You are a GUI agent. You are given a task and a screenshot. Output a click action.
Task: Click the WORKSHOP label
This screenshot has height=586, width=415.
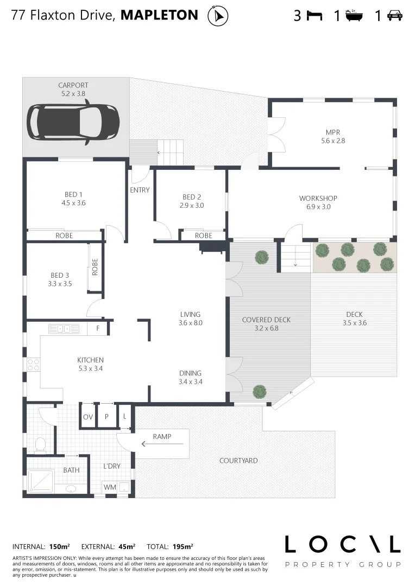tap(318, 198)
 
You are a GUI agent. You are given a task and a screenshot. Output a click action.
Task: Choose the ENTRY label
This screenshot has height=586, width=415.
tap(140, 190)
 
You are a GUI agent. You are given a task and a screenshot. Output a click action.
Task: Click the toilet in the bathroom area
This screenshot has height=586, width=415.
tap(40, 445)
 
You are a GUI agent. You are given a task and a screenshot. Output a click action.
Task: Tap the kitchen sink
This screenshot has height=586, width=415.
tap(64, 328)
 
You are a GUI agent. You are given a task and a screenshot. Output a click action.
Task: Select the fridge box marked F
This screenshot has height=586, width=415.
tap(98, 328)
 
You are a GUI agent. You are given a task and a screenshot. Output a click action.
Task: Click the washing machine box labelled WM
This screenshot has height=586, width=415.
tap(110, 487)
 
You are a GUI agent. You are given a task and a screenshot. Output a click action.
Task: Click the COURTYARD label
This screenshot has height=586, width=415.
tap(238, 461)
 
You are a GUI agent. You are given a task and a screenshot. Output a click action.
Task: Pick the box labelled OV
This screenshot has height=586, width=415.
tap(88, 417)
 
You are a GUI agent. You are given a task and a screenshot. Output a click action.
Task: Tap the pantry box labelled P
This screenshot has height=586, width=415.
tap(106, 417)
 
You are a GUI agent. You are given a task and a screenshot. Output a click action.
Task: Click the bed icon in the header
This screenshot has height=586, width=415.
tap(314, 16)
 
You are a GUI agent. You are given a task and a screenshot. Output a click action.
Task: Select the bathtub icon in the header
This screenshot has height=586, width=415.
tap(355, 15)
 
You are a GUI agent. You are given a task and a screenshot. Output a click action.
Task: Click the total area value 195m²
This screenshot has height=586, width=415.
tap(183, 546)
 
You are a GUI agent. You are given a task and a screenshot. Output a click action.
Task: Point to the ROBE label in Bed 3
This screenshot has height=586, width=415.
tap(95, 267)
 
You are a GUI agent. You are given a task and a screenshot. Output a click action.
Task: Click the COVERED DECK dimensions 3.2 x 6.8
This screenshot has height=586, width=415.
tap(266, 328)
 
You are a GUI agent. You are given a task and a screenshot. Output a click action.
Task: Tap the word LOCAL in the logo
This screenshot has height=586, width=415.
tap(343, 545)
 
